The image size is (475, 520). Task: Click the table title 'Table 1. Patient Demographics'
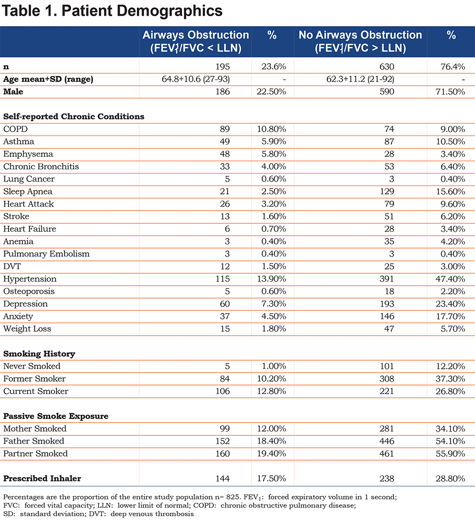point(112,11)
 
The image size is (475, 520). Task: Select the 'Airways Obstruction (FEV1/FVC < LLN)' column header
point(196,41)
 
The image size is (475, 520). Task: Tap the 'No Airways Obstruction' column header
point(361,35)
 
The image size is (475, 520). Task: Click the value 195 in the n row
point(222,67)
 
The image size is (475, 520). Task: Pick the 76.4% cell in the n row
point(453,67)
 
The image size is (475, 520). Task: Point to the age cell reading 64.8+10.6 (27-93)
point(196,79)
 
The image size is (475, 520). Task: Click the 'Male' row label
point(13,92)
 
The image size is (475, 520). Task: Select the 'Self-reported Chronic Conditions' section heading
point(74,116)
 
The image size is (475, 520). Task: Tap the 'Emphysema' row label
point(28,154)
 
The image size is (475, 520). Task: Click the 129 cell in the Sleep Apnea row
point(387,192)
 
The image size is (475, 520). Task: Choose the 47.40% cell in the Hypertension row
point(450,279)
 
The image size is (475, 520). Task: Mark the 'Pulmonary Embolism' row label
point(47,254)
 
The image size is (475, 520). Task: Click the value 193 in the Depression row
point(387,304)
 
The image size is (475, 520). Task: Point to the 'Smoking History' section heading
point(39,354)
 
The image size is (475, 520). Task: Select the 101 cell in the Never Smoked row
point(387,366)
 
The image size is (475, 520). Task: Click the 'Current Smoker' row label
point(36,391)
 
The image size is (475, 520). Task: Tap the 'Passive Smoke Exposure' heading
point(56,416)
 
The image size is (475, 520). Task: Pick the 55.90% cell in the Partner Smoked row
point(450,453)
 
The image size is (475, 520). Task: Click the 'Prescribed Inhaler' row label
point(42,479)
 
